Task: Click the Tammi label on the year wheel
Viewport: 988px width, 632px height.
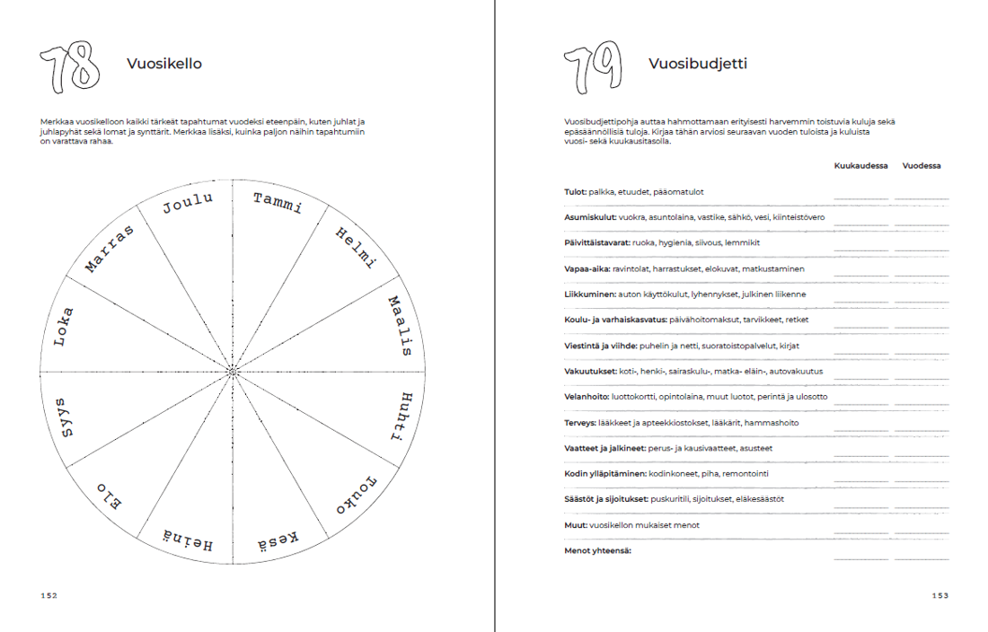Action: pos(278,204)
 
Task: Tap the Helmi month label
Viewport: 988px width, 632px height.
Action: pos(356,248)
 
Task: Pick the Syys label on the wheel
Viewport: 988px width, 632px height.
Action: pos(64,417)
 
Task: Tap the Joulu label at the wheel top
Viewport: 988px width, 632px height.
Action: pos(188,204)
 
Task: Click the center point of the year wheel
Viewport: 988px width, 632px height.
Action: pos(233,371)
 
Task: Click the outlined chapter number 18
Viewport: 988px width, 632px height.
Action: pos(69,68)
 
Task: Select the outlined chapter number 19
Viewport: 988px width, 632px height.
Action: pos(593,68)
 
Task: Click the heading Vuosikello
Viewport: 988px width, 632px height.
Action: pos(163,64)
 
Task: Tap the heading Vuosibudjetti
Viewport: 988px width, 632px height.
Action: pos(698,64)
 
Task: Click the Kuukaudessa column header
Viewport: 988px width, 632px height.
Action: pos(860,166)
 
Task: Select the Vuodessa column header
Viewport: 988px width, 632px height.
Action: pos(922,166)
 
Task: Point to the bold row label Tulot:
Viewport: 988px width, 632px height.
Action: pos(575,192)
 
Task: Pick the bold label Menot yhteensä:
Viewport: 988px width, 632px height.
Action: pos(597,550)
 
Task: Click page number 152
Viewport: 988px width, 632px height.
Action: pos(49,595)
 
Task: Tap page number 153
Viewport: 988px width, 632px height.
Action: pos(939,595)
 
